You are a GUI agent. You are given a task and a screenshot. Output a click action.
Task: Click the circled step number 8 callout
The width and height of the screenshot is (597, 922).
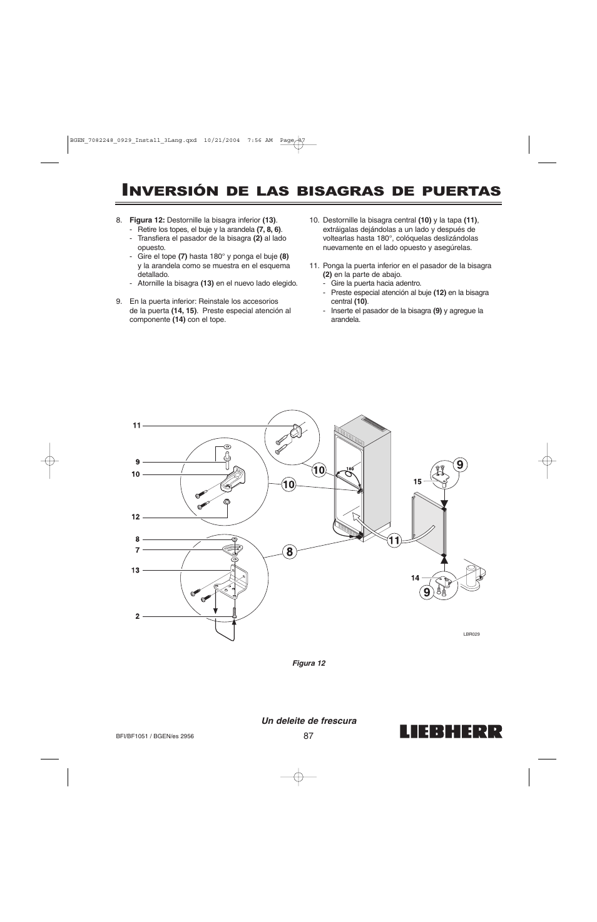tap(288, 551)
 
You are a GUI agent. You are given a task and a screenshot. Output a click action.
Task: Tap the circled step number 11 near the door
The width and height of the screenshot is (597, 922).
tap(393, 541)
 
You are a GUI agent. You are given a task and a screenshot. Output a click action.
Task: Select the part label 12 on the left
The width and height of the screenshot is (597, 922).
tap(135, 517)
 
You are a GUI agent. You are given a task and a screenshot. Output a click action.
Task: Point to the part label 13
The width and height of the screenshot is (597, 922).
tap(135, 570)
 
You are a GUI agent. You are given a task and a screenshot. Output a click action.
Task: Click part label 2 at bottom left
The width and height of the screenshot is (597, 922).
tap(137, 616)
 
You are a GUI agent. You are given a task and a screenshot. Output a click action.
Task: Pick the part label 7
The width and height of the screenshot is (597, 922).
tap(137, 550)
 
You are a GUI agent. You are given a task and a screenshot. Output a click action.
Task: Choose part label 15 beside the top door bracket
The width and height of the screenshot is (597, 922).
tap(417, 481)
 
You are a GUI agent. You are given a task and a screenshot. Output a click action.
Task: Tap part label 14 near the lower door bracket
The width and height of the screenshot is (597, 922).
tap(415, 578)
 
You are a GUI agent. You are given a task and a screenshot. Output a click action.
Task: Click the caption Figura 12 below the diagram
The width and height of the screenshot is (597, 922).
tap(309, 663)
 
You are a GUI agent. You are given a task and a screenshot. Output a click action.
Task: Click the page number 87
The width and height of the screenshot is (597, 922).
tap(308, 736)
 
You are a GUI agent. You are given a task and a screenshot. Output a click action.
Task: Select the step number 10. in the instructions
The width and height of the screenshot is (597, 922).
tap(315, 220)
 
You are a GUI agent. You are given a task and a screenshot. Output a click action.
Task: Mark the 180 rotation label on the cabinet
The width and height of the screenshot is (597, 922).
tap(350, 468)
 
